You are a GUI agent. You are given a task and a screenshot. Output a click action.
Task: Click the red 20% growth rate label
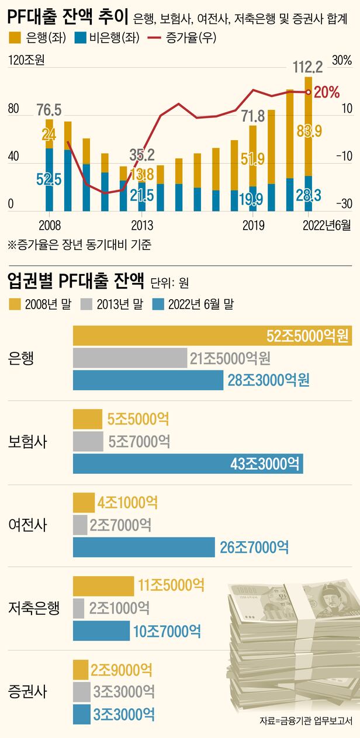(327, 92)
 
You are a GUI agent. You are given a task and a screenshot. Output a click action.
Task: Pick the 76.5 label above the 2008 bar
(49, 110)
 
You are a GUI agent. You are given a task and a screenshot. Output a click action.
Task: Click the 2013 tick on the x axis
(142, 225)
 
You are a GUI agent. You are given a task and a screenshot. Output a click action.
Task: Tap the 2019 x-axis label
(252, 225)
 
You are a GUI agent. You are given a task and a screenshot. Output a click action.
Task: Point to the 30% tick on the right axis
(341, 60)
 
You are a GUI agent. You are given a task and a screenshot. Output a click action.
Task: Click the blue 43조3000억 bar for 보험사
(188, 464)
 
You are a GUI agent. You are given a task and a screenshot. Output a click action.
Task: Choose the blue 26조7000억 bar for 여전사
(144, 547)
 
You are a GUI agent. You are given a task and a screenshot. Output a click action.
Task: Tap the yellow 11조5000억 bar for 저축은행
(103, 585)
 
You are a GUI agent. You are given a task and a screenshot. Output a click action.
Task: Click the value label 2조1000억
(119, 608)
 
